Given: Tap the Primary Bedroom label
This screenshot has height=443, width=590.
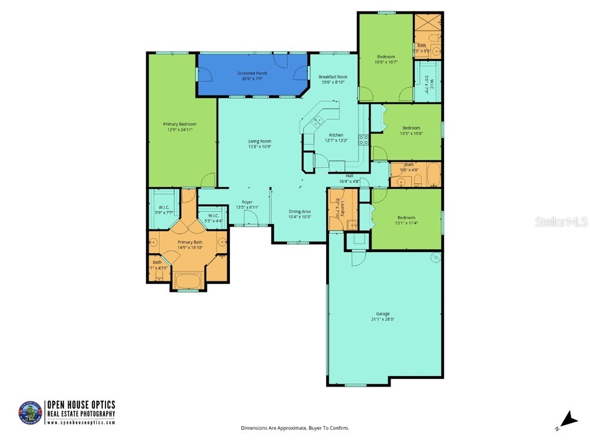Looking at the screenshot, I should pyautogui.click(x=180, y=124).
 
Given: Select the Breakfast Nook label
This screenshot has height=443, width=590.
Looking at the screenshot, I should pyautogui.click(x=332, y=77).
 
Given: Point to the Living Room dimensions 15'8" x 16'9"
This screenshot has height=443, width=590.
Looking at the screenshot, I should pyautogui.click(x=259, y=147).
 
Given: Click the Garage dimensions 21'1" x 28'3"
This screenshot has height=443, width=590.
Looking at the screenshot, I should pyautogui.click(x=383, y=319).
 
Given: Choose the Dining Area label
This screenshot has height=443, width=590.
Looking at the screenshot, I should pyautogui.click(x=300, y=212).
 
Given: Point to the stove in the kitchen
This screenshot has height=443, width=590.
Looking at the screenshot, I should pyautogui.click(x=364, y=139).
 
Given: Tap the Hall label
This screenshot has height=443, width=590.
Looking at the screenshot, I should pyautogui.click(x=349, y=176).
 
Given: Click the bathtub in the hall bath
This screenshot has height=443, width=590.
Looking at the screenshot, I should pyautogui.click(x=429, y=174).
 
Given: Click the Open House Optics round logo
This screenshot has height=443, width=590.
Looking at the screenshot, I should pyautogui.click(x=31, y=413).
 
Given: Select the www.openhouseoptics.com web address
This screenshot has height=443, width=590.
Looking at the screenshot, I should pyautogui.click(x=81, y=422).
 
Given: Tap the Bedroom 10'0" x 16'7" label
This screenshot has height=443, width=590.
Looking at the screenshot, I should pyautogui.click(x=386, y=57).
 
